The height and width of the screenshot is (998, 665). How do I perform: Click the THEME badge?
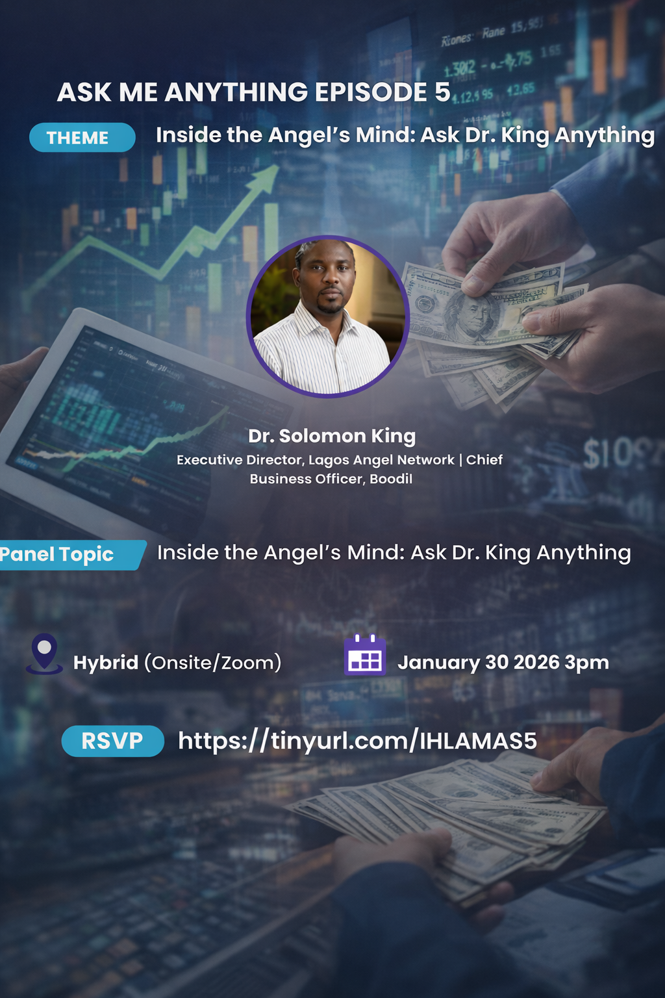[x=82, y=138]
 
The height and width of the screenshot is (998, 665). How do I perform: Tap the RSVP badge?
[x=112, y=741]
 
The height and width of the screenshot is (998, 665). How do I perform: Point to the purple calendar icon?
[x=365, y=656]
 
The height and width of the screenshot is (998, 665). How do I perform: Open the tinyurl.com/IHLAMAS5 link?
[x=357, y=741]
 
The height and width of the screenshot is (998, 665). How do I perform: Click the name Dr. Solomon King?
[x=331, y=436]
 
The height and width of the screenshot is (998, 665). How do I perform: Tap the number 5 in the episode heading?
[x=442, y=92]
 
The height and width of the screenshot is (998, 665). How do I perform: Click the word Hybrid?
[x=105, y=663]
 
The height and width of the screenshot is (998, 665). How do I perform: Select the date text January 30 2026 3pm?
[x=503, y=663]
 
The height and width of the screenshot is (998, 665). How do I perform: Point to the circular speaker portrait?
[x=328, y=316]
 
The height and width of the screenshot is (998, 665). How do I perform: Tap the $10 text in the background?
[x=607, y=454]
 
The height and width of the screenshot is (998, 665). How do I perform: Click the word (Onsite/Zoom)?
[x=212, y=663]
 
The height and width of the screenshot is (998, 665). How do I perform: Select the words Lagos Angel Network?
[x=381, y=460]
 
